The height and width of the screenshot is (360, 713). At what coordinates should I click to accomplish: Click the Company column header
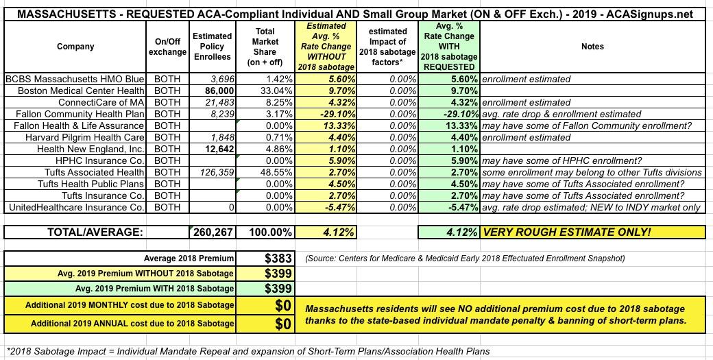[76, 47]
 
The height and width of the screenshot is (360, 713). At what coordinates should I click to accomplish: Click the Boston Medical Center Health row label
[81, 90]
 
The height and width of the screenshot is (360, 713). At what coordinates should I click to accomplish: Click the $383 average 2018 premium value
[279, 259]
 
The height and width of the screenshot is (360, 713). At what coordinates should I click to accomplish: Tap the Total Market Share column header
[265, 47]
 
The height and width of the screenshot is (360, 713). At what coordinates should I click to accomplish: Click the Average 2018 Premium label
[189, 259]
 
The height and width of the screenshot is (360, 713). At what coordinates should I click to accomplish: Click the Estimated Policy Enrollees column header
[213, 47]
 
